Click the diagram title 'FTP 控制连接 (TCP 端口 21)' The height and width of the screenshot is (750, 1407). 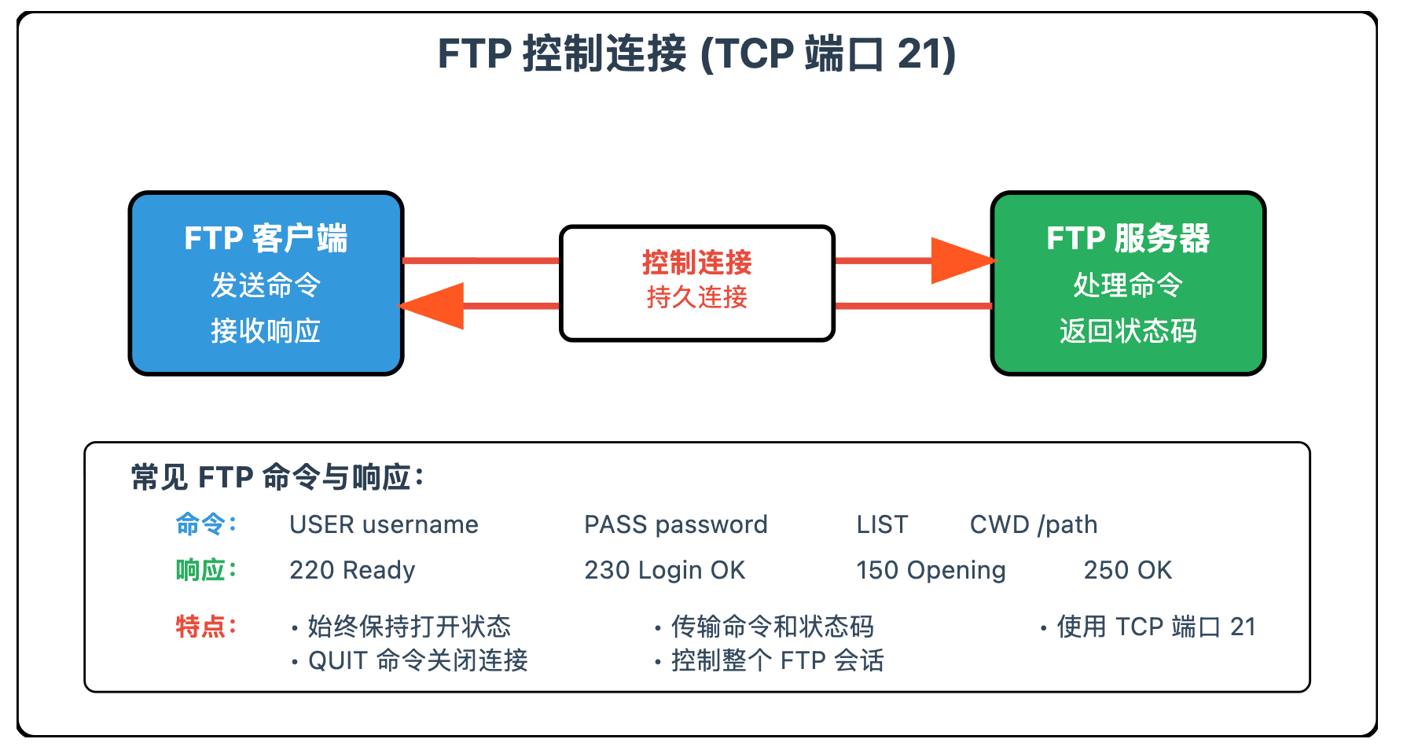click(x=696, y=54)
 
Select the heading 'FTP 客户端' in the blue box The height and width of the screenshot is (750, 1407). click(x=266, y=238)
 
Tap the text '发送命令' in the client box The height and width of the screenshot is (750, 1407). click(x=266, y=285)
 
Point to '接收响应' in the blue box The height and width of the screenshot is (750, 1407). click(x=266, y=331)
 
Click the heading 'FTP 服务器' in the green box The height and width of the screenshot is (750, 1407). click(x=1128, y=238)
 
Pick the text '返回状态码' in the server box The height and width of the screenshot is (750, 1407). click(x=1128, y=331)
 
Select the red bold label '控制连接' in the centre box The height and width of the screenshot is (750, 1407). click(x=697, y=262)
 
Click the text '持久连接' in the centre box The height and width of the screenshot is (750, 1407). click(x=697, y=297)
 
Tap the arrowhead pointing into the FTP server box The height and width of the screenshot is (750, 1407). click(x=964, y=260)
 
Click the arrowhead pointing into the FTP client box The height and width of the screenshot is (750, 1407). click(x=432, y=306)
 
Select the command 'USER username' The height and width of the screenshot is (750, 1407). click(x=384, y=524)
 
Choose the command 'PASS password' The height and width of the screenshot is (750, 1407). click(x=676, y=524)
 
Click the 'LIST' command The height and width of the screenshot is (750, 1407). click(x=882, y=524)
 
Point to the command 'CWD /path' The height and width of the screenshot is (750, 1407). click(x=1034, y=524)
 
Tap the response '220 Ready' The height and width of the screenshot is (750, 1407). click(x=352, y=570)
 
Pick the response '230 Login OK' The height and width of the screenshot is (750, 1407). click(x=664, y=570)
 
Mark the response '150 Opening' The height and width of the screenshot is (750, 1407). click(x=931, y=570)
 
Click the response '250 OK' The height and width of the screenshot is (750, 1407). click(x=1128, y=570)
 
